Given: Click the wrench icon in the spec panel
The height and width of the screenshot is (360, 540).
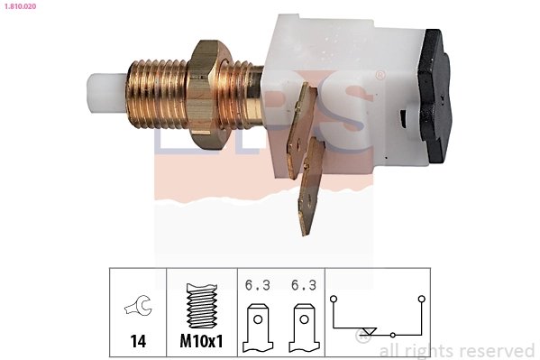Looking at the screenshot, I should point(138,308).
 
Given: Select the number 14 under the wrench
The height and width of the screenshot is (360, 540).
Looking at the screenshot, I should point(138,343).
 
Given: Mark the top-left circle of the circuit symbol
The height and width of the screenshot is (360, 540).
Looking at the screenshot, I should point(334,298).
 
